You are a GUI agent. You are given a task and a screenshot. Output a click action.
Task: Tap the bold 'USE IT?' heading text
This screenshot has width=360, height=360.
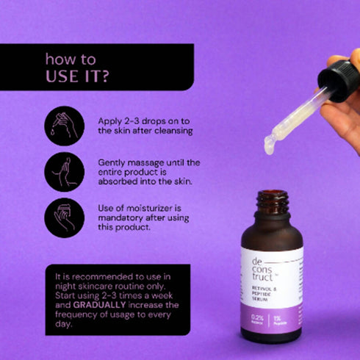click(x=76, y=76)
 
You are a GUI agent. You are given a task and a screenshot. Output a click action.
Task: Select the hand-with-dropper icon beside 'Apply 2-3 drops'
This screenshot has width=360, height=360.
click(x=65, y=125)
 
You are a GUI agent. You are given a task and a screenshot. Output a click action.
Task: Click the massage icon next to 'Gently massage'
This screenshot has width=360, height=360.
click(x=65, y=171)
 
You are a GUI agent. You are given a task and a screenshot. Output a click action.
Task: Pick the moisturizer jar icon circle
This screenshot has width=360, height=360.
click(x=65, y=218)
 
